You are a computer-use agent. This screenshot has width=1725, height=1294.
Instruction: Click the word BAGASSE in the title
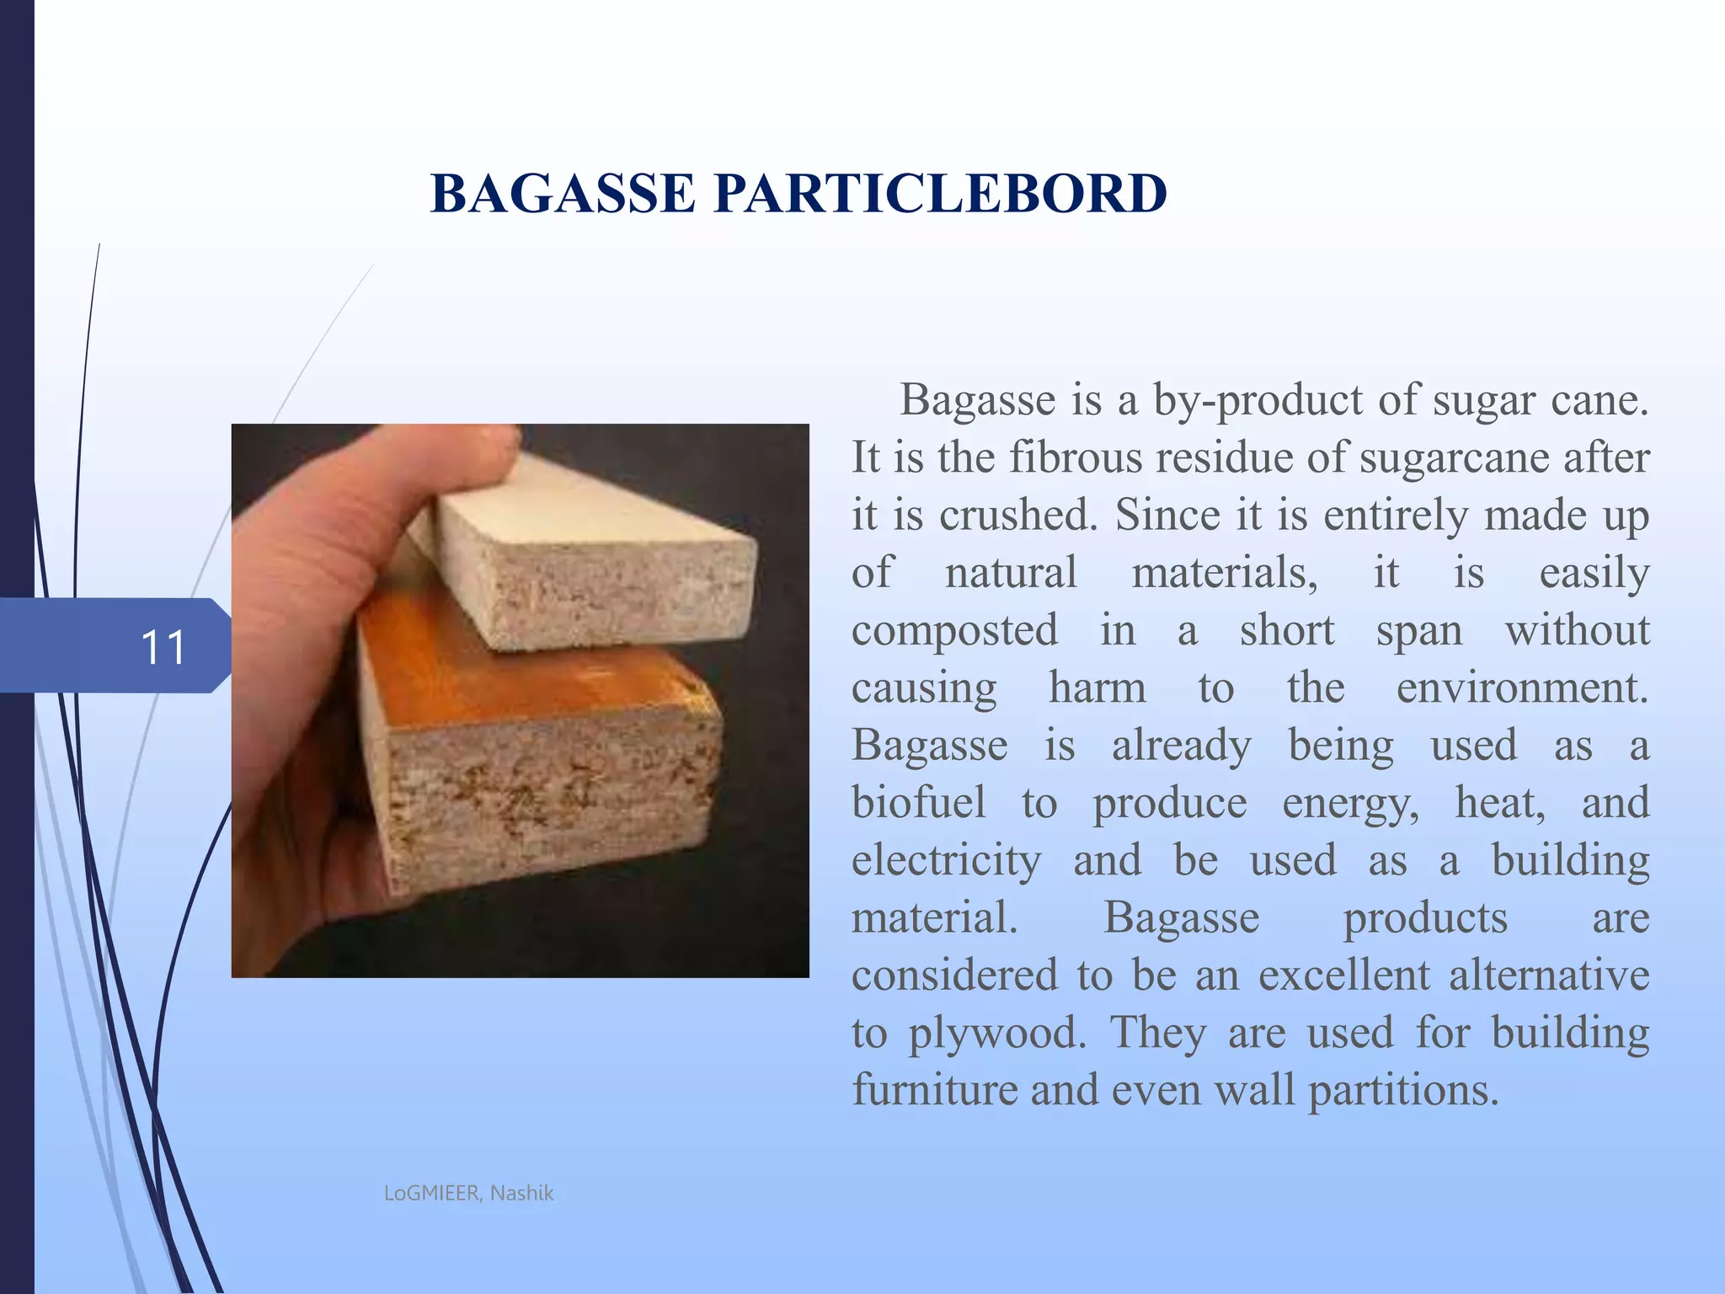(x=563, y=194)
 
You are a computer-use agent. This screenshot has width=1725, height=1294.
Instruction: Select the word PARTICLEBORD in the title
(x=940, y=194)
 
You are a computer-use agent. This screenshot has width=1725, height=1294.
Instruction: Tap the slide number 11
(x=163, y=647)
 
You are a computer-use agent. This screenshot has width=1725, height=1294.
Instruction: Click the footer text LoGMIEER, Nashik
(x=468, y=1193)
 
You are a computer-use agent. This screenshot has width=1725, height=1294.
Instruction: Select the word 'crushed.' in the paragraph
(x=1018, y=515)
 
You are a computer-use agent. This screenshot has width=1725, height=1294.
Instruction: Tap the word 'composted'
(x=954, y=630)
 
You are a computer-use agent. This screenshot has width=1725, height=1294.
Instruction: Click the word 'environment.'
(x=1522, y=687)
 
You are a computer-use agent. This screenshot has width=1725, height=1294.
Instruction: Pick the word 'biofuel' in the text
(x=918, y=802)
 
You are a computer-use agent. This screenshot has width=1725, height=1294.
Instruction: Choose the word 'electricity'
(x=946, y=860)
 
